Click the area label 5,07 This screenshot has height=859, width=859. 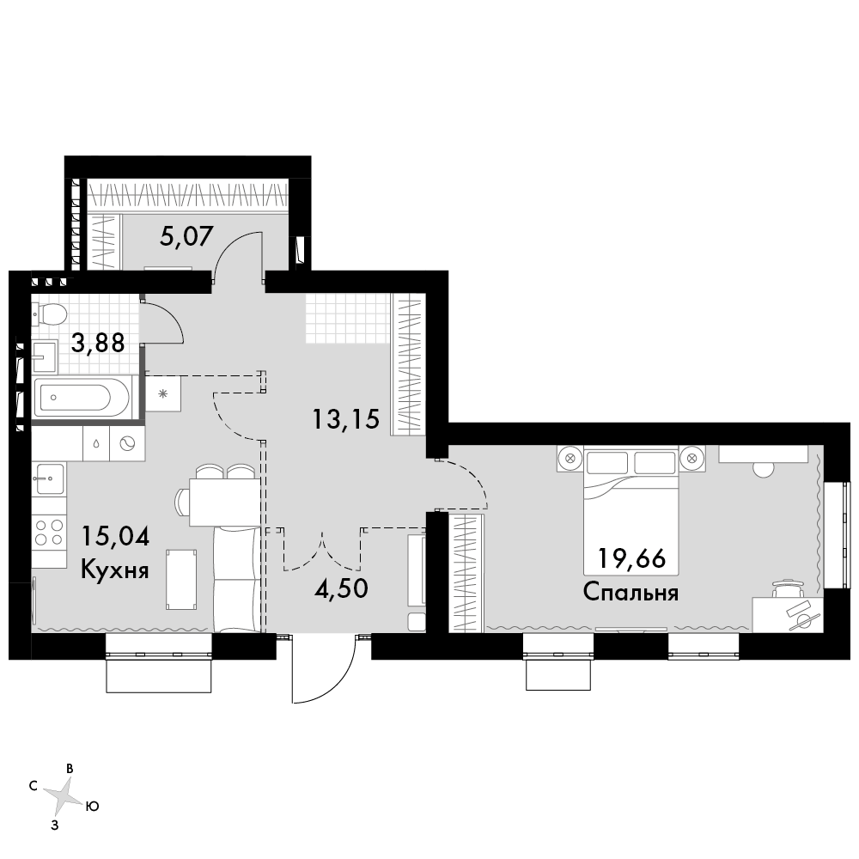186,237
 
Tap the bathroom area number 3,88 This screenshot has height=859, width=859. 98,344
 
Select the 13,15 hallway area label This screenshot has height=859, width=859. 345,420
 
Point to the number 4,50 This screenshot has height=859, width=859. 341,589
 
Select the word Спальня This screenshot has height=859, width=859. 631,592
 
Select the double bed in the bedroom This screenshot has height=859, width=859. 631,511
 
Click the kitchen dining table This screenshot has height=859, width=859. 223,502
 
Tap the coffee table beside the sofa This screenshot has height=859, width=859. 181,580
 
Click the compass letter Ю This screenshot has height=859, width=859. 93,807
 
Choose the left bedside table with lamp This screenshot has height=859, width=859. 570,458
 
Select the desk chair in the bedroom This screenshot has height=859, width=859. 787,589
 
